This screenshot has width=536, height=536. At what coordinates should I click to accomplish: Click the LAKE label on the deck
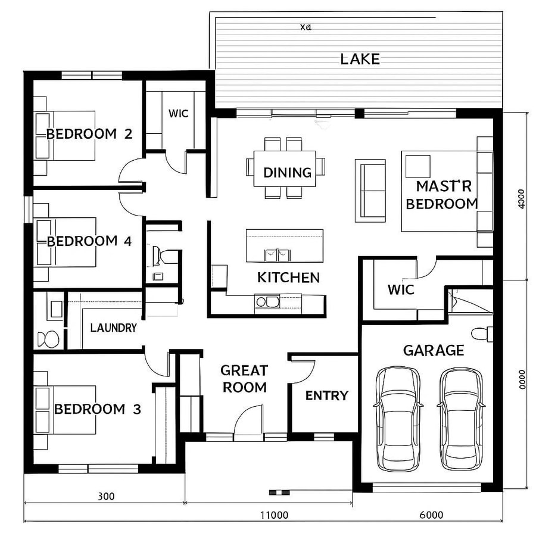[x=360, y=59]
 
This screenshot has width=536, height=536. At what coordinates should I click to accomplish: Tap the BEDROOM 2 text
[x=89, y=134]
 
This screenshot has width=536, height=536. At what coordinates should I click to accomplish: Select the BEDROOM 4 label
[x=89, y=241]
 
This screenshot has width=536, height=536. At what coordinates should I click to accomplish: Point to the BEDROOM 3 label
[x=98, y=409]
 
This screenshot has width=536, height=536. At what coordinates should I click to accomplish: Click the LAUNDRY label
[x=113, y=328]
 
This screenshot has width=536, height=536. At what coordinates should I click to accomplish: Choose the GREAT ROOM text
[x=244, y=379]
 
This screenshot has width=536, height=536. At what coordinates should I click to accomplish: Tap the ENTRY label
[x=326, y=395]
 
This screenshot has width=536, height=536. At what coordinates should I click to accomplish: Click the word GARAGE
[x=434, y=350]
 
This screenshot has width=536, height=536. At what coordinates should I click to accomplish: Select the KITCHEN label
[x=288, y=278]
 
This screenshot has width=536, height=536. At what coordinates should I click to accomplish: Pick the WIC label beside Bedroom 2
[x=178, y=113]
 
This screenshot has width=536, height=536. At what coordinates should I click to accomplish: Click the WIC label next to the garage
[x=401, y=290]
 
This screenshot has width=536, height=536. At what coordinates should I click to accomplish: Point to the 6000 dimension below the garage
[x=431, y=515]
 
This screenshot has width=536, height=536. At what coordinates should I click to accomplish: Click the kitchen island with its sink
[x=285, y=245]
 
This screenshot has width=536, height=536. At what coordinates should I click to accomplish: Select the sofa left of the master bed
[x=370, y=190]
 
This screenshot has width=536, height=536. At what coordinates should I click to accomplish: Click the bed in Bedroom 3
[x=66, y=410]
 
